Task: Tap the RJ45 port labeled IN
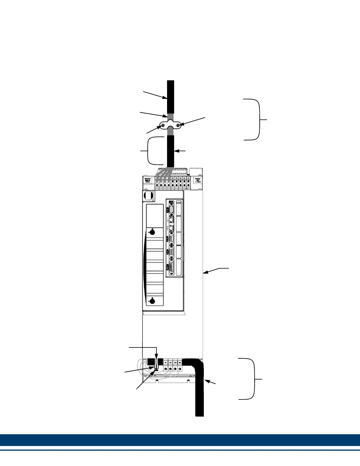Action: click(171, 219)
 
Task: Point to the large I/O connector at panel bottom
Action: click(171, 268)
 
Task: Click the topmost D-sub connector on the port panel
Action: click(171, 209)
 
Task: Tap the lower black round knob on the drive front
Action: click(152, 301)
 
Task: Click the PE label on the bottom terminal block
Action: click(166, 363)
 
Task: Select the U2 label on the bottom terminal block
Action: click(171, 363)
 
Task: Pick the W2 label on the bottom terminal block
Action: click(175, 363)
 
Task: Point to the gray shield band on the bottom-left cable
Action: click(157, 362)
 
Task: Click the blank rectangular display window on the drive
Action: click(155, 216)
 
